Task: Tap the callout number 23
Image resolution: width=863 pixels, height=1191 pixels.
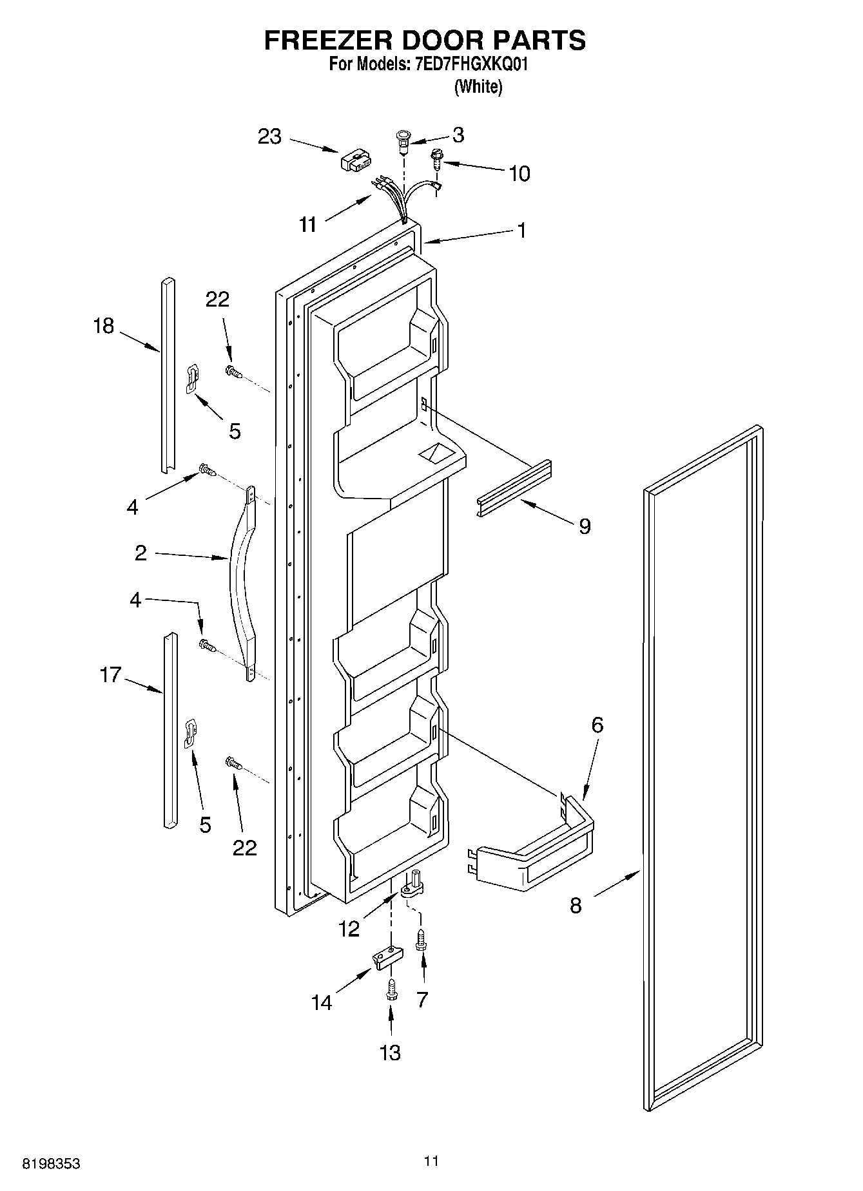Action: click(269, 137)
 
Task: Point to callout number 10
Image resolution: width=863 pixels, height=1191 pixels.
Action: click(519, 173)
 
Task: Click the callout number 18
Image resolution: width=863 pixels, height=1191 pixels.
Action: click(103, 326)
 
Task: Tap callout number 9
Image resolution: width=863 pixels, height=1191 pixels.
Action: click(585, 526)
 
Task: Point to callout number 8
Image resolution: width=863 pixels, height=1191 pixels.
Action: click(576, 905)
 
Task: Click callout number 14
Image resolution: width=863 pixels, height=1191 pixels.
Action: click(322, 1002)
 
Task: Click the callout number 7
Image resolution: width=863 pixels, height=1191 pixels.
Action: click(422, 999)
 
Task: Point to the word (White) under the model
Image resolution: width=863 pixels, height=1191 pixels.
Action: click(478, 86)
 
